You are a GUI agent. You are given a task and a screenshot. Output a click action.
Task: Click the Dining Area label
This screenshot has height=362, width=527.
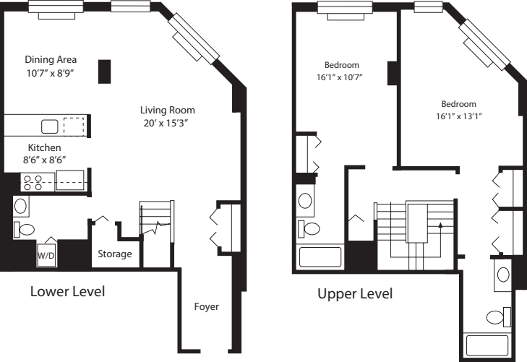(51, 59)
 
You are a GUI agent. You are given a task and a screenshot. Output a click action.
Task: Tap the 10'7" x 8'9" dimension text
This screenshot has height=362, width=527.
(51, 72)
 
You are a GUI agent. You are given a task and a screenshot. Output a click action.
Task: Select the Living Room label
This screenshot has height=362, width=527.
(168, 110)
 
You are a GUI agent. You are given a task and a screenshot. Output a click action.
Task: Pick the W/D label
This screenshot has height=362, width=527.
(46, 254)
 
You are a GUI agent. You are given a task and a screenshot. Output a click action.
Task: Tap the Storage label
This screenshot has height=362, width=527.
(115, 254)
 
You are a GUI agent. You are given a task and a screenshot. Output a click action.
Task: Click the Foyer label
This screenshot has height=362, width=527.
(206, 306)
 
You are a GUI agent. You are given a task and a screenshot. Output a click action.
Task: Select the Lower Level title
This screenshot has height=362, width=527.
(67, 293)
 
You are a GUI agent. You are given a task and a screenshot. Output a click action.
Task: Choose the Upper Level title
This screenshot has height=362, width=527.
(355, 294)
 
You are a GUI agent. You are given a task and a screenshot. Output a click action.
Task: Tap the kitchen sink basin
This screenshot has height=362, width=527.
(49, 126)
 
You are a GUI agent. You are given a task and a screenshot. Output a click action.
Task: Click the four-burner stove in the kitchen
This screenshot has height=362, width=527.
(33, 181)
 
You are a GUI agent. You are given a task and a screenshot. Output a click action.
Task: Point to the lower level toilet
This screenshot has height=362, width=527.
(26, 230)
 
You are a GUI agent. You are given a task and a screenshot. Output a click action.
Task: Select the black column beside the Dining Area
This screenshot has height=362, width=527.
(105, 72)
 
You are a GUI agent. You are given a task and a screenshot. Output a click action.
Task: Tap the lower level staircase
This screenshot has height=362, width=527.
(156, 224)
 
